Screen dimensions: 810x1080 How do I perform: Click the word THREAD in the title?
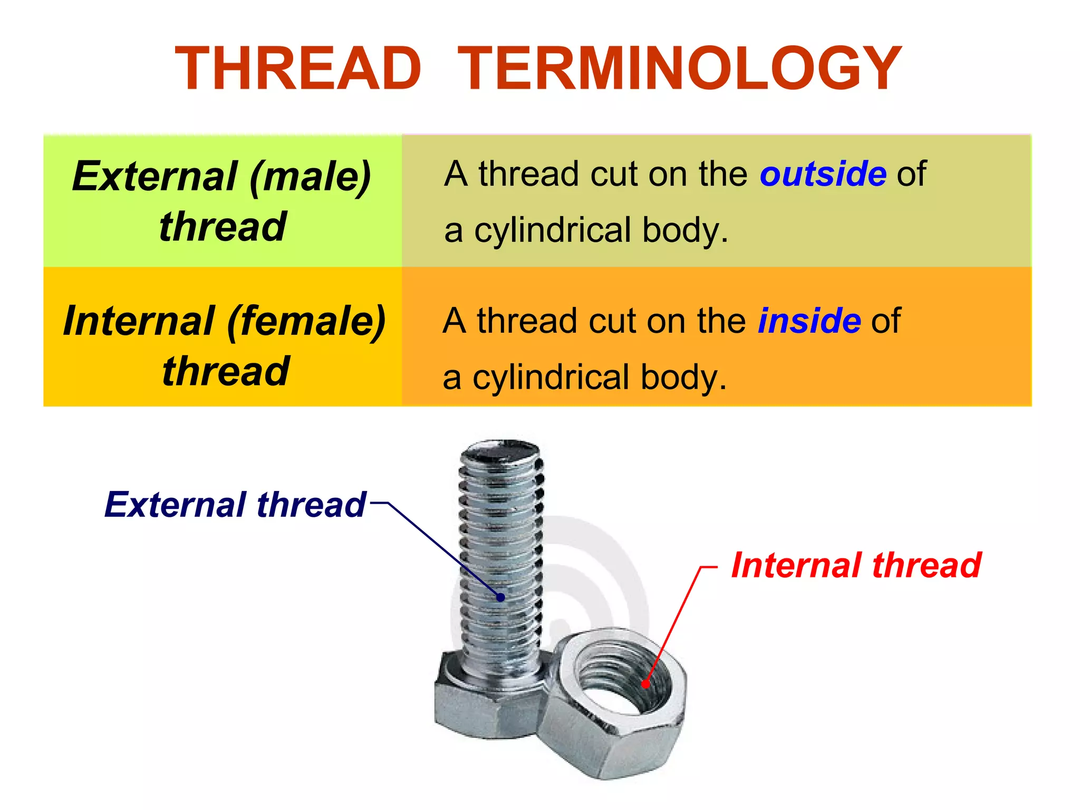pos(298,69)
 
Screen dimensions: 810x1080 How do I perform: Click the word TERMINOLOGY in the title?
pos(679,69)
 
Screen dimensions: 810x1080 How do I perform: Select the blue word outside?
pos(823,174)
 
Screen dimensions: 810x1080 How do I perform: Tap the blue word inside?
pos(809,321)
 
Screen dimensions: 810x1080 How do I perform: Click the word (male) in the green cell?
pos(311,177)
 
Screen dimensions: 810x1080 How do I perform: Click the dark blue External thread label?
pos(235,505)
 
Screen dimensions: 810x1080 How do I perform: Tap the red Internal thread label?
pos(856,565)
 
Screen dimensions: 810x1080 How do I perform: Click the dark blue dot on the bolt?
pos(500,597)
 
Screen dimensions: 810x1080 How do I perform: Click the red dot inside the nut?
pos(645,684)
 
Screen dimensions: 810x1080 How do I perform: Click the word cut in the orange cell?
pos(612,321)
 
